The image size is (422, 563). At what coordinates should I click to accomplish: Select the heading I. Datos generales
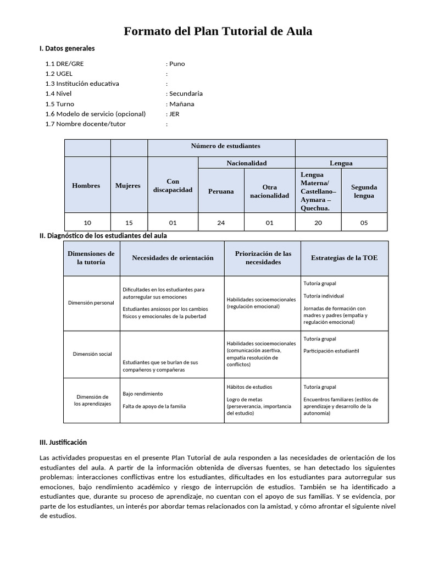point(67,48)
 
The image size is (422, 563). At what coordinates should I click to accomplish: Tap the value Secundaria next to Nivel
point(186,93)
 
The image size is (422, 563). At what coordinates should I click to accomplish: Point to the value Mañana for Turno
point(181,104)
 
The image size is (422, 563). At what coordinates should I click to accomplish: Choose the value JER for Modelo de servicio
point(174,114)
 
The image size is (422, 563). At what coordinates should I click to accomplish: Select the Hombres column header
point(86,185)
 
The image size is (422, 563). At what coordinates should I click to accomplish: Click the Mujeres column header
point(127,185)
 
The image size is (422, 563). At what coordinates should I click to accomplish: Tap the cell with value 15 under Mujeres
point(129,223)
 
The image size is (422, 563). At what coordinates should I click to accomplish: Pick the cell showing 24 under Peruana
point(220,223)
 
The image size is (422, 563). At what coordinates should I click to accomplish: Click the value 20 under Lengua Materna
point(318,223)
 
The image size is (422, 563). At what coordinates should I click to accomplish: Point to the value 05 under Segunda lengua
point(364,223)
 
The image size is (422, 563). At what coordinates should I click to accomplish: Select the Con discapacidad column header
point(173,185)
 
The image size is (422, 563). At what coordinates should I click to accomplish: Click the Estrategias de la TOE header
point(344,258)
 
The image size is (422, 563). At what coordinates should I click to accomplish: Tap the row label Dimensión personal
point(91,303)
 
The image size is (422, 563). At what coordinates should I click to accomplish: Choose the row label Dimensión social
point(92,354)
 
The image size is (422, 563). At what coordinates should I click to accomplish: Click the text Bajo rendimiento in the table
point(142,394)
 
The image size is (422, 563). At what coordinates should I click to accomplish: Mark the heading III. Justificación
point(63,442)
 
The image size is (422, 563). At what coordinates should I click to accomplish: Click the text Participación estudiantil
point(331,351)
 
